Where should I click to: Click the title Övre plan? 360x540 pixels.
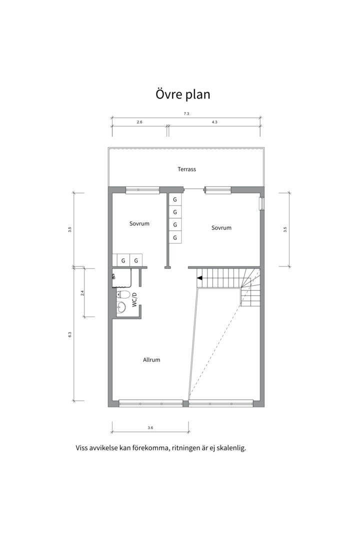183,94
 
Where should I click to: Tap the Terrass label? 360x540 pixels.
186,169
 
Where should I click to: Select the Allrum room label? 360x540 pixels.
151,360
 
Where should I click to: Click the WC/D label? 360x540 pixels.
134,299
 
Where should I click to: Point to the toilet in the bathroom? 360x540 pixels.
122,294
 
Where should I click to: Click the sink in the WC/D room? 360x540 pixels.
121,306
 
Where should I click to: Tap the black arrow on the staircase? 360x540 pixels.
199,278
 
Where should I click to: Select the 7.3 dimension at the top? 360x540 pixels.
186,113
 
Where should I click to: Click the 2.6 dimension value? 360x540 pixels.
139,122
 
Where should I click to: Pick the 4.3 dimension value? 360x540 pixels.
214,122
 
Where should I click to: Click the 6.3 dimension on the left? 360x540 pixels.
69,334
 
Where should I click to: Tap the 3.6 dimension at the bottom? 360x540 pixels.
150,427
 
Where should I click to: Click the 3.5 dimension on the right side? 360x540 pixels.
285,229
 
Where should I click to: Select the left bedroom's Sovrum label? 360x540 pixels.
139,223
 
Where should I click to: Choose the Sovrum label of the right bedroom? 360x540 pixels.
221,227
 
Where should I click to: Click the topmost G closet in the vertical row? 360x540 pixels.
175,199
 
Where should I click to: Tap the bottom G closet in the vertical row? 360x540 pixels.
175,237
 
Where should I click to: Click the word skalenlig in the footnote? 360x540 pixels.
232,448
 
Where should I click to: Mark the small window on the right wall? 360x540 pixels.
262,203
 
